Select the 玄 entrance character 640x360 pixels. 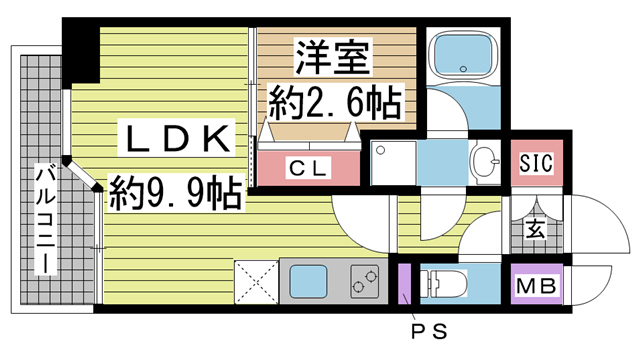(x=535, y=229)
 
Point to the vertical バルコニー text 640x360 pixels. (x=45, y=220)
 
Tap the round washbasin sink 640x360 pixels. (x=484, y=161)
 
